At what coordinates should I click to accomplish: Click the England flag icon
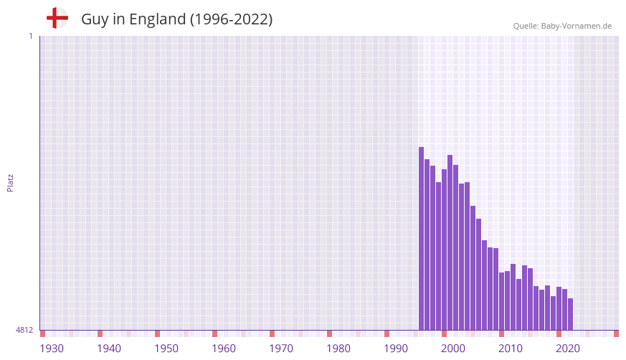[x=57, y=19]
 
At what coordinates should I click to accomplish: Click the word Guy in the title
[x=95, y=19]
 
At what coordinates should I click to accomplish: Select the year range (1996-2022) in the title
[x=231, y=19]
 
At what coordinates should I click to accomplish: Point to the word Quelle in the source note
[x=526, y=27]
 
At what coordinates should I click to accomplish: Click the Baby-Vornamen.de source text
[x=577, y=27]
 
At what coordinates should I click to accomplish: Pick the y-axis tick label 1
[x=30, y=36]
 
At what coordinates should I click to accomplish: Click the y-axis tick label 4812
[x=24, y=331]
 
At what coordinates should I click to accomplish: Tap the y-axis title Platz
[x=10, y=182]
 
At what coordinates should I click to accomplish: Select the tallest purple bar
[x=421, y=238]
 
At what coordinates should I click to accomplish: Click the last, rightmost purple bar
[x=570, y=314]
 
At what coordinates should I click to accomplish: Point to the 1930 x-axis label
[x=52, y=349]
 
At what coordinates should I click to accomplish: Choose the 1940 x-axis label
[x=109, y=349]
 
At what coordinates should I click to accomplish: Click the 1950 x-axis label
[x=166, y=349]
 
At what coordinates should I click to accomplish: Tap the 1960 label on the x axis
[x=224, y=349]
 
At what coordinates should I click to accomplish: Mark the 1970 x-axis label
[x=281, y=349]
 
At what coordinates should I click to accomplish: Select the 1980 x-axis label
[x=338, y=349]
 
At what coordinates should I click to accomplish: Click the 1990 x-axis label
[x=396, y=349]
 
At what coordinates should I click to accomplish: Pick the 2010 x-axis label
[x=511, y=349]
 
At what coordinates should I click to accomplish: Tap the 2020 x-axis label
[x=568, y=349]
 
